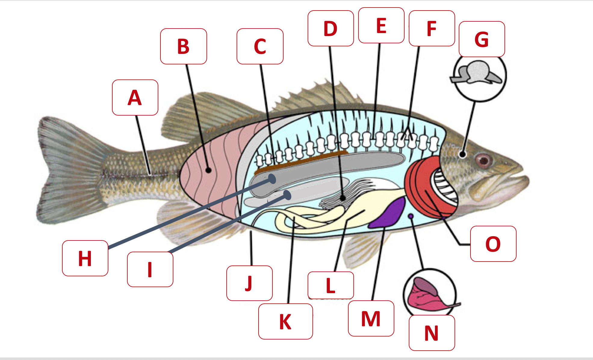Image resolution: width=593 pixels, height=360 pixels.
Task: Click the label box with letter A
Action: pos(135,98)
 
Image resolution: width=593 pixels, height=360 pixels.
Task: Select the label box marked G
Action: pos(482,39)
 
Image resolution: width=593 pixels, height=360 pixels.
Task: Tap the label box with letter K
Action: pos(285,321)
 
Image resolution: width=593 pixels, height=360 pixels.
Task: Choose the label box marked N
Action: pos(432,333)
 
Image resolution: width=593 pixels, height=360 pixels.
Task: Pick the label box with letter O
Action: pos(493,244)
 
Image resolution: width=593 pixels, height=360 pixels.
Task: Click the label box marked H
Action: pos(85,258)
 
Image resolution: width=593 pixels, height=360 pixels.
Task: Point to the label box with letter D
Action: pos(331,28)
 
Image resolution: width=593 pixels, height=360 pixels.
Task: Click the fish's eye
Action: pos(484,160)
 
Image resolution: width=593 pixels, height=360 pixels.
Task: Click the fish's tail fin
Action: pos(66,172)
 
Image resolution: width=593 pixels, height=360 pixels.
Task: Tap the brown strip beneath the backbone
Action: pos(301,163)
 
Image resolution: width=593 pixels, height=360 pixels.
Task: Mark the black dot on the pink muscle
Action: pos(208,170)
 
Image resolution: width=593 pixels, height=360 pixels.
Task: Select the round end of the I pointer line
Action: pos(287,195)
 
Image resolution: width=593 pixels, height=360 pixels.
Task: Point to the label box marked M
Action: pos(371,318)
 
